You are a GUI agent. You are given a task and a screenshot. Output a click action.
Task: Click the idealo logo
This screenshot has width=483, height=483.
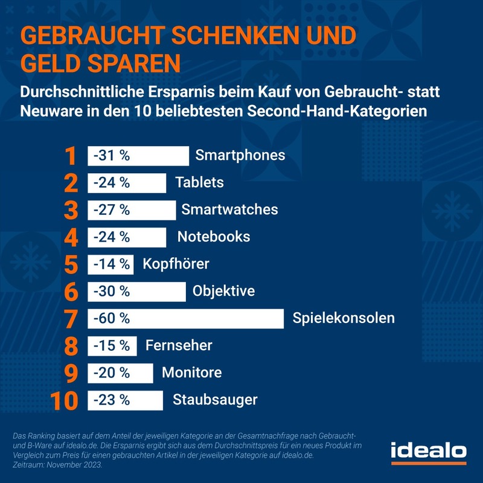[428, 452]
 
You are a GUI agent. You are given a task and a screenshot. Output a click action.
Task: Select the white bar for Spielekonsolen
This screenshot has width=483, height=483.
[186, 318]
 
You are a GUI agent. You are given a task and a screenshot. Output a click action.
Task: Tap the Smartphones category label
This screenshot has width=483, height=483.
[240, 155]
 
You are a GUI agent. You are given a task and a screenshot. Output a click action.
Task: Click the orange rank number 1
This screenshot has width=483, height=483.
[71, 156]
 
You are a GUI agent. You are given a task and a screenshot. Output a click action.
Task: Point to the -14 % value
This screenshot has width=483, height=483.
[112, 264]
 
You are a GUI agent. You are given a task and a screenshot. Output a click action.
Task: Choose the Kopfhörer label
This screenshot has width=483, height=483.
[176, 264]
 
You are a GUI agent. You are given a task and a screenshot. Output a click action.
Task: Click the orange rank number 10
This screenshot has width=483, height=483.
[66, 400]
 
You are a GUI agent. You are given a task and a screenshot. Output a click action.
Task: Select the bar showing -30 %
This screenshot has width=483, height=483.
[137, 291]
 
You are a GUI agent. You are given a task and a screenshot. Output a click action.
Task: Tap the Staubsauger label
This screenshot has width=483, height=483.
[215, 400]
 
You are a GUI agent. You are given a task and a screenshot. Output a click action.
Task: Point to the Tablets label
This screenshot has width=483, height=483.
[199, 182]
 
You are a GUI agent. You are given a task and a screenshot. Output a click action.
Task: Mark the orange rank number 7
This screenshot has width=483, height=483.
[71, 318]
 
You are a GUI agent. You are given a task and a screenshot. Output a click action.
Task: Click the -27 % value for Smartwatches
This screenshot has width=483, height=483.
[112, 210]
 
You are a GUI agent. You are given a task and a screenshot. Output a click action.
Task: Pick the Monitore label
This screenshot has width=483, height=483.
[191, 373]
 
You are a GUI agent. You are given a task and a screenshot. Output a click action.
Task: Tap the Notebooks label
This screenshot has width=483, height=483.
[214, 237]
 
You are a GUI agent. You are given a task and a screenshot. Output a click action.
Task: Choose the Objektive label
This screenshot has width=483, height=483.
[223, 291]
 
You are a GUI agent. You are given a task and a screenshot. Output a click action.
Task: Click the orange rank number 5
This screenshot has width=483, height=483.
[71, 264]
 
